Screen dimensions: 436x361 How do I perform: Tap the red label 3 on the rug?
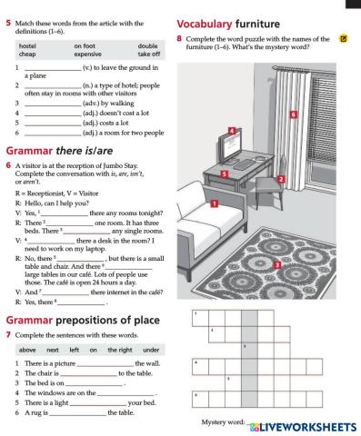(276, 263)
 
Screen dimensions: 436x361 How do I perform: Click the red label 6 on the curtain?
(293, 115)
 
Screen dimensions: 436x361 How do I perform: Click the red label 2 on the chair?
(282, 179)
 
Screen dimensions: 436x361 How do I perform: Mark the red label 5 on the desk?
(225, 172)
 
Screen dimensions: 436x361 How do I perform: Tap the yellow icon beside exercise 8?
(342, 38)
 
